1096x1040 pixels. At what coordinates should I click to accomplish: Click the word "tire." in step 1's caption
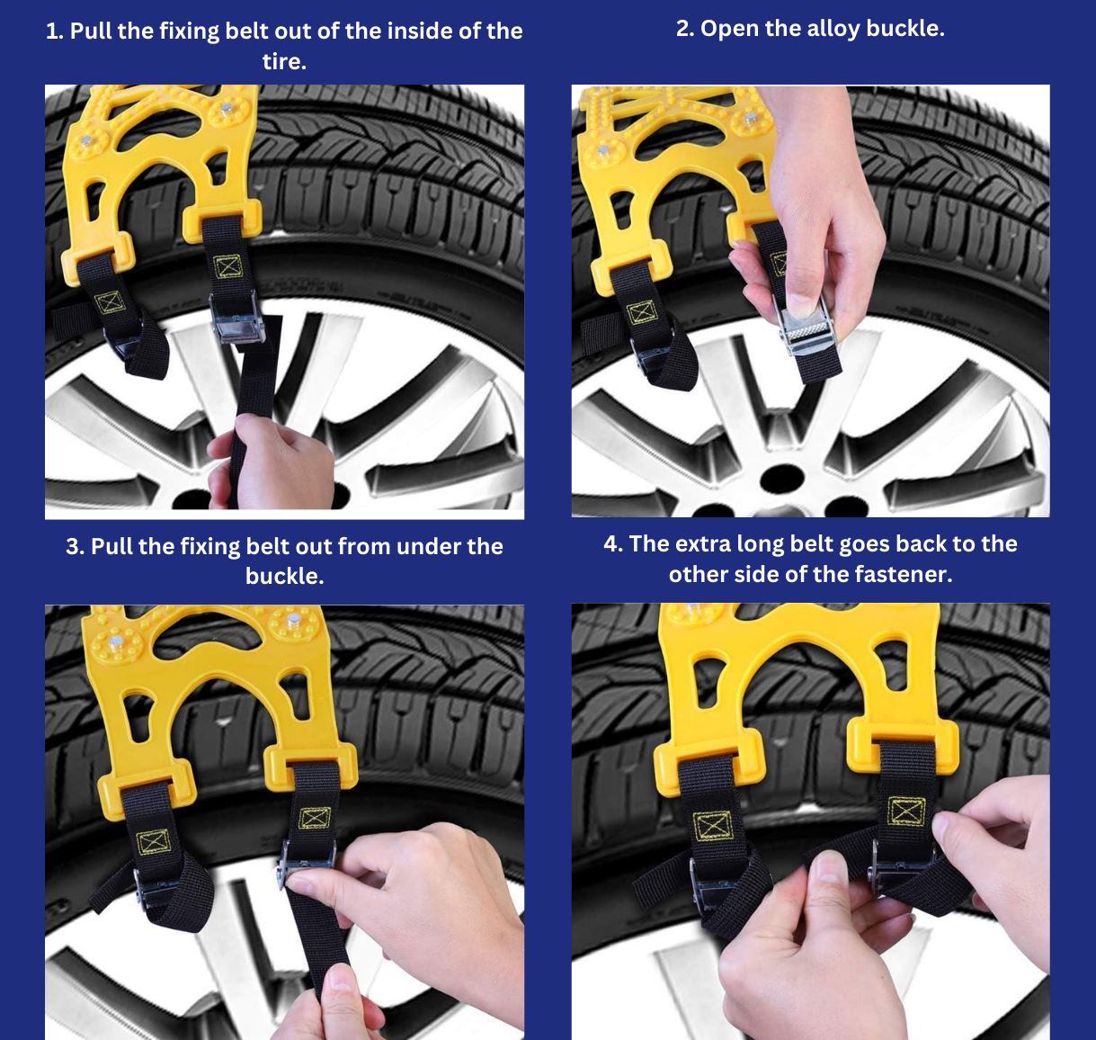(x=284, y=61)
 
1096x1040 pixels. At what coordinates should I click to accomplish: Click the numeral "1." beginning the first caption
(x=55, y=31)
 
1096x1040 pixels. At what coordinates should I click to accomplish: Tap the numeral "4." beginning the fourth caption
(x=613, y=544)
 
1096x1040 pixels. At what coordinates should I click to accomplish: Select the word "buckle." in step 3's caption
(x=284, y=576)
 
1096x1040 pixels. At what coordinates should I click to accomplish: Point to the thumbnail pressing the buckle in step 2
(x=801, y=306)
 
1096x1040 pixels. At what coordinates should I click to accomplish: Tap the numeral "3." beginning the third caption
(x=76, y=547)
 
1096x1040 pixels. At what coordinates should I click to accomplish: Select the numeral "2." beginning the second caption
(x=685, y=29)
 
